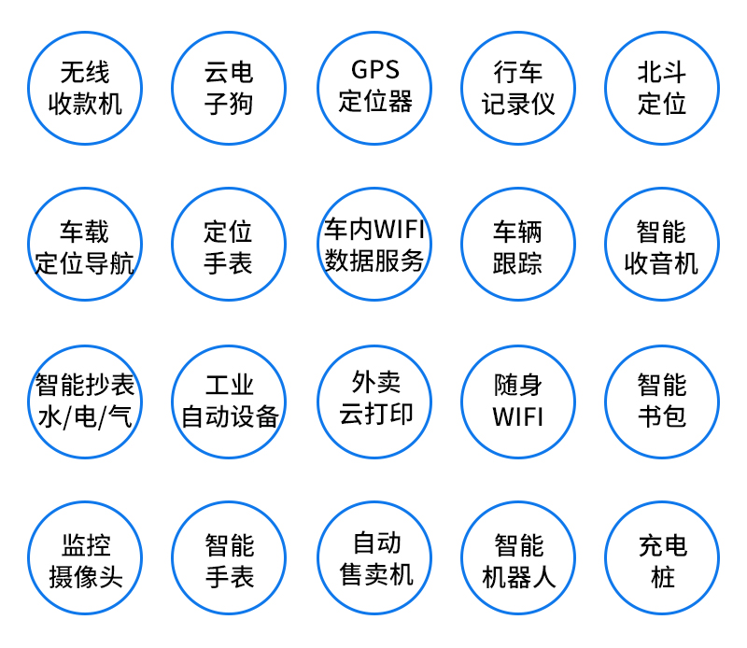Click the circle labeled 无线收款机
(85, 88)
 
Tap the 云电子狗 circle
(229, 88)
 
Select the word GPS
(374, 70)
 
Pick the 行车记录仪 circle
(518, 88)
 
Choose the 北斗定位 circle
(662, 88)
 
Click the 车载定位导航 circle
(85, 246)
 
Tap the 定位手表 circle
(229, 246)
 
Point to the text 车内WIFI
(374, 229)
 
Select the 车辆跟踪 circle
(518, 246)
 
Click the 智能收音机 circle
(662, 246)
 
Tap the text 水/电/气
(85, 416)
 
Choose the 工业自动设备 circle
(229, 401)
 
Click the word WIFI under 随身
(518, 416)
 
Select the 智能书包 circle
(662, 401)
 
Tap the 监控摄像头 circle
(85, 559)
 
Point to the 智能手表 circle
(229, 559)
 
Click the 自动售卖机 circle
(374, 557)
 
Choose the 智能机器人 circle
(518, 559)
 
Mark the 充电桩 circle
(662, 559)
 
